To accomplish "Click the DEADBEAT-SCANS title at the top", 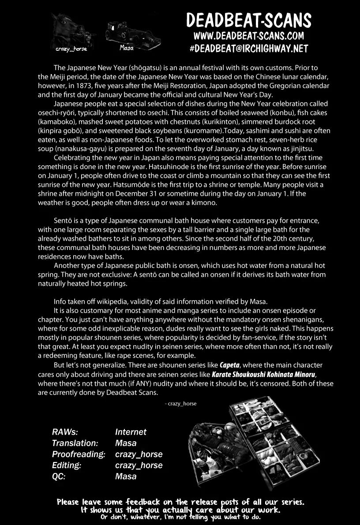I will click(x=248, y=20).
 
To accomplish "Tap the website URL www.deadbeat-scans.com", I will click(x=248, y=36).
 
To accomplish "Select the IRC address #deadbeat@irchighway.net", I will click(x=248, y=48).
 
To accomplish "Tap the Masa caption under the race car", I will click(x=126, y=48).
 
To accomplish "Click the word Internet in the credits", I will click(x=131, y=432).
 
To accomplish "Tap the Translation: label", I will click(x=75, y=443).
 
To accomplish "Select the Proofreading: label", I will click(x=79, y=454).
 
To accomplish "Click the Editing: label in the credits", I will click(x=69, y=465).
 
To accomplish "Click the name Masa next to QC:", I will click(x=126, y=477).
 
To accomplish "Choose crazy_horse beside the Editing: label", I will click(x=139, y=465).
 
